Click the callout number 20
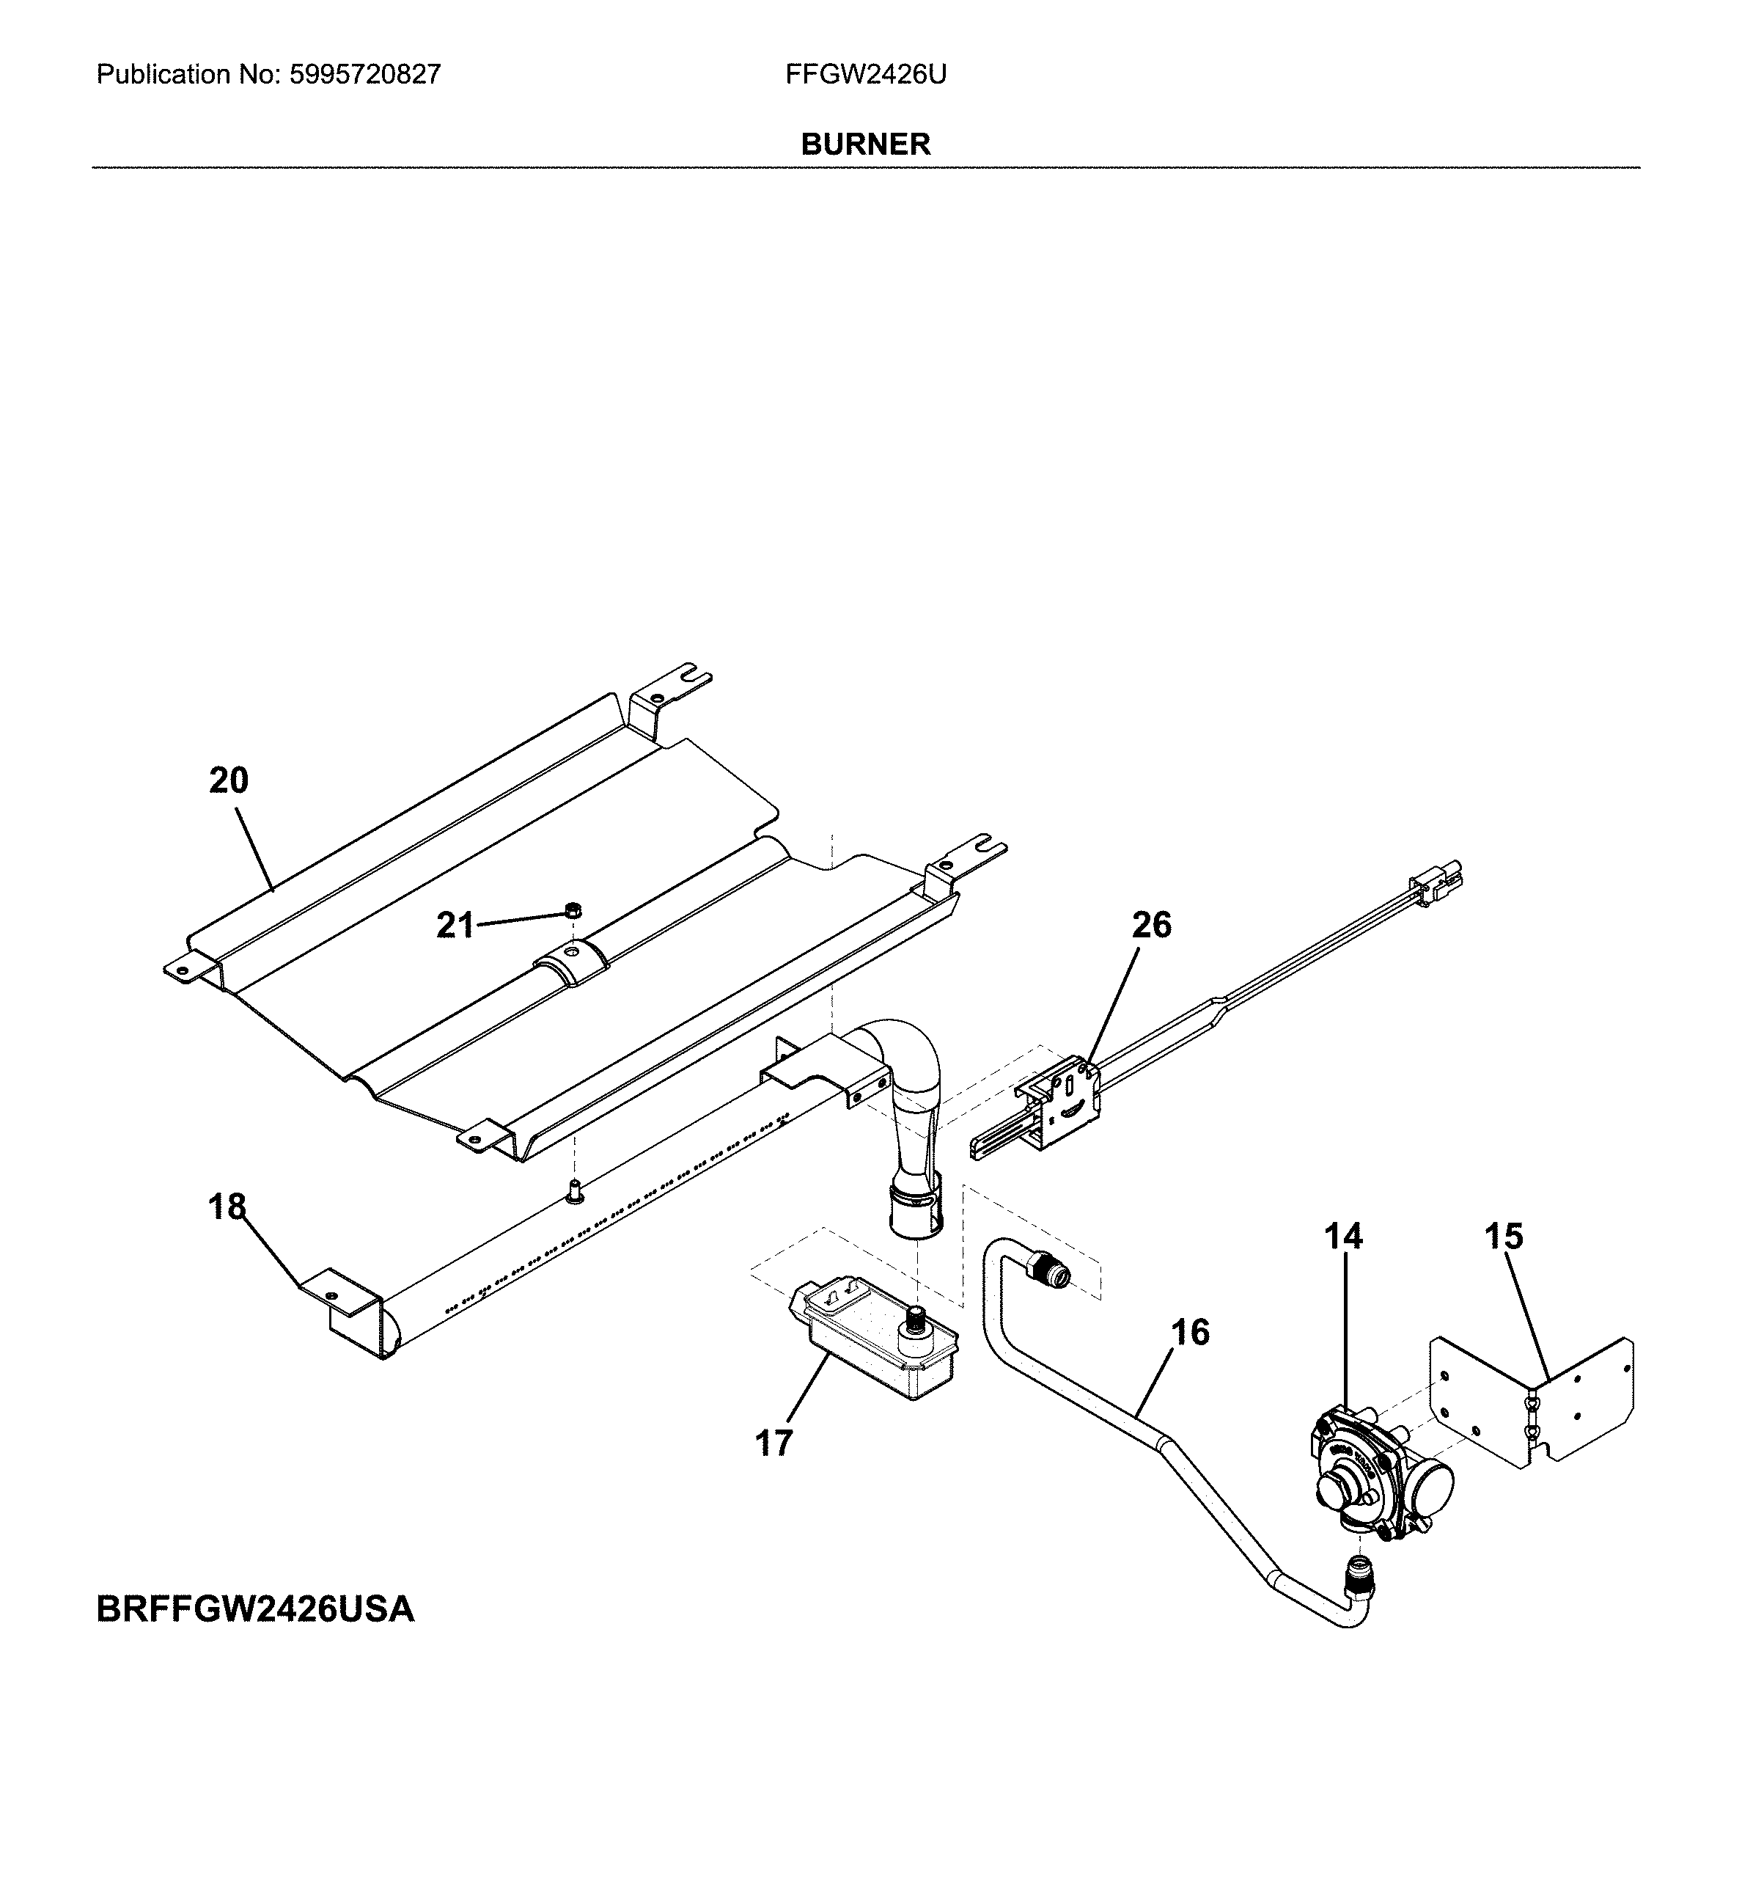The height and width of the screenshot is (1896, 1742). (228, 780)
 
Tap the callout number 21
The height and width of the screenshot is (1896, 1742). (455, 926)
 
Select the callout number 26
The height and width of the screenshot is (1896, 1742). (1151, 925)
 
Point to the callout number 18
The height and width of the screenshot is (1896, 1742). (227, 1207)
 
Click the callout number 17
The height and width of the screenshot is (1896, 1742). (774, 1443)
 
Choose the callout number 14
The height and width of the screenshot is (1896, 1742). (1343, 1236)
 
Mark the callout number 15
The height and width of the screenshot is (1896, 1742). (1504, 1236)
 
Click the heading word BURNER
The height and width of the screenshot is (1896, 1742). (865, 144)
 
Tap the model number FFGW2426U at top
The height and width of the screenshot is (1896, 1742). (865, 75)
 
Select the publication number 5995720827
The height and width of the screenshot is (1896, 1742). (365, 75)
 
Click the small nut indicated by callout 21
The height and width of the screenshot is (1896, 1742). (571, 909)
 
